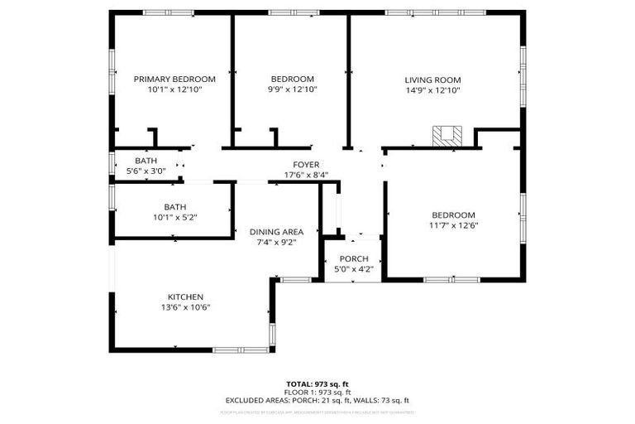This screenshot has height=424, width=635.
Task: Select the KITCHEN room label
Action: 185,296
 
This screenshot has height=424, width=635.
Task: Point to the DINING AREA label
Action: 276,232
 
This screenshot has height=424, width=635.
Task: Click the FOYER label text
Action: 306,165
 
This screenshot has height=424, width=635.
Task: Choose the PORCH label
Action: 353,258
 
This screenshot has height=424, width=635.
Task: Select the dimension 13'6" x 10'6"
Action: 185,307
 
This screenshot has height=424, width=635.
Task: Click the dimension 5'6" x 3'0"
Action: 146,171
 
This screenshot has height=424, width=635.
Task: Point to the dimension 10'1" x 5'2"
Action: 174,217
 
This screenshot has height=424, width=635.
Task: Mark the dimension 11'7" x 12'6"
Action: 452,225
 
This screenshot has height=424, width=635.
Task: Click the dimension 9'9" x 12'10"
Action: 292,89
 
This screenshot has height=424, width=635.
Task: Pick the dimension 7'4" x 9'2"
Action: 276,243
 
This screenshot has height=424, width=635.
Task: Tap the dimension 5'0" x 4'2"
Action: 353,269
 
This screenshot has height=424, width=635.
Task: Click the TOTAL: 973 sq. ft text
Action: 317,384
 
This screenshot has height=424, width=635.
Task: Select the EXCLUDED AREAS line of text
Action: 317,400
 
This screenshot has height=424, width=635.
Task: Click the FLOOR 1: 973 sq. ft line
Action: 317,393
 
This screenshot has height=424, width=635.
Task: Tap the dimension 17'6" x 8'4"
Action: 306,175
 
